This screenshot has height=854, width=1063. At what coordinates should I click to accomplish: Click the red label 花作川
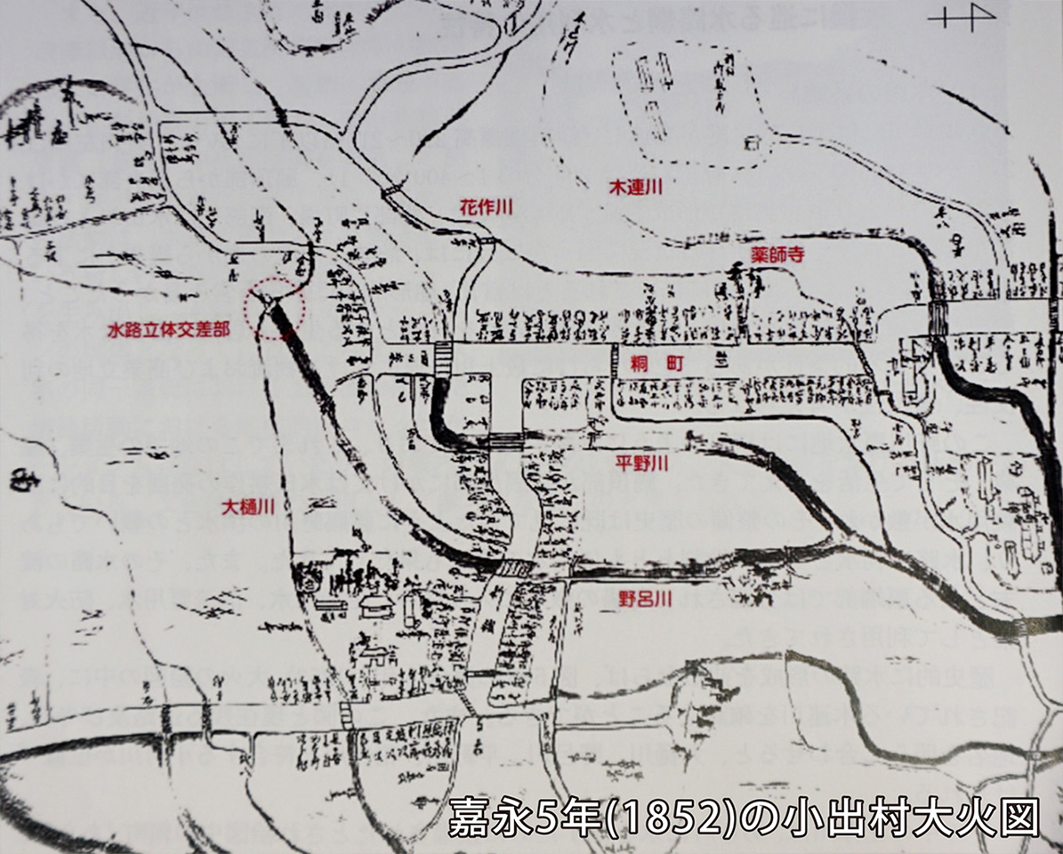(x=487, y=206)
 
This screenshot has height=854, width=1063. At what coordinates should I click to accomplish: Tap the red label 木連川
(x=636, y=188)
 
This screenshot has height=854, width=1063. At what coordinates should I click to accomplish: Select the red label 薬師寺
(x=777, y=254)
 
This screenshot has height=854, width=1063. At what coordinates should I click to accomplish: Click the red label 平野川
(x=641, y=463)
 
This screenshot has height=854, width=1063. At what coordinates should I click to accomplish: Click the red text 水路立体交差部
(x=169, y=328)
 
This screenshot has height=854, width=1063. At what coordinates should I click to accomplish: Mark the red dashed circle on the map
(x=277, y=307)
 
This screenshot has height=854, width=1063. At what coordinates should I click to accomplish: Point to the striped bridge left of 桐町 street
(x=443, y=361)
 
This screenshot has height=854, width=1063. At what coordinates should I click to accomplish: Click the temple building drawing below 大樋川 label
(x=374, y=607)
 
